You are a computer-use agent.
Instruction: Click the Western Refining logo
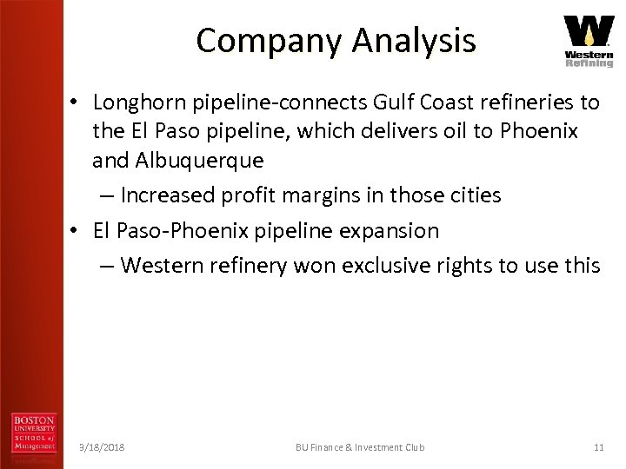click(x=589, y=40)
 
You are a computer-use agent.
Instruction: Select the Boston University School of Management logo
click(x=34, y=434)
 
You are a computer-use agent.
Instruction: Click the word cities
click(x=474, y=195)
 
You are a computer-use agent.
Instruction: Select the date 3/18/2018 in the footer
click(x=102, y=447)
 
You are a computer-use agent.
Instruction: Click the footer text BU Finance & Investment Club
click(x=360, y=447)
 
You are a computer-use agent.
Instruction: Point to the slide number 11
click(x=598, y=447)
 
